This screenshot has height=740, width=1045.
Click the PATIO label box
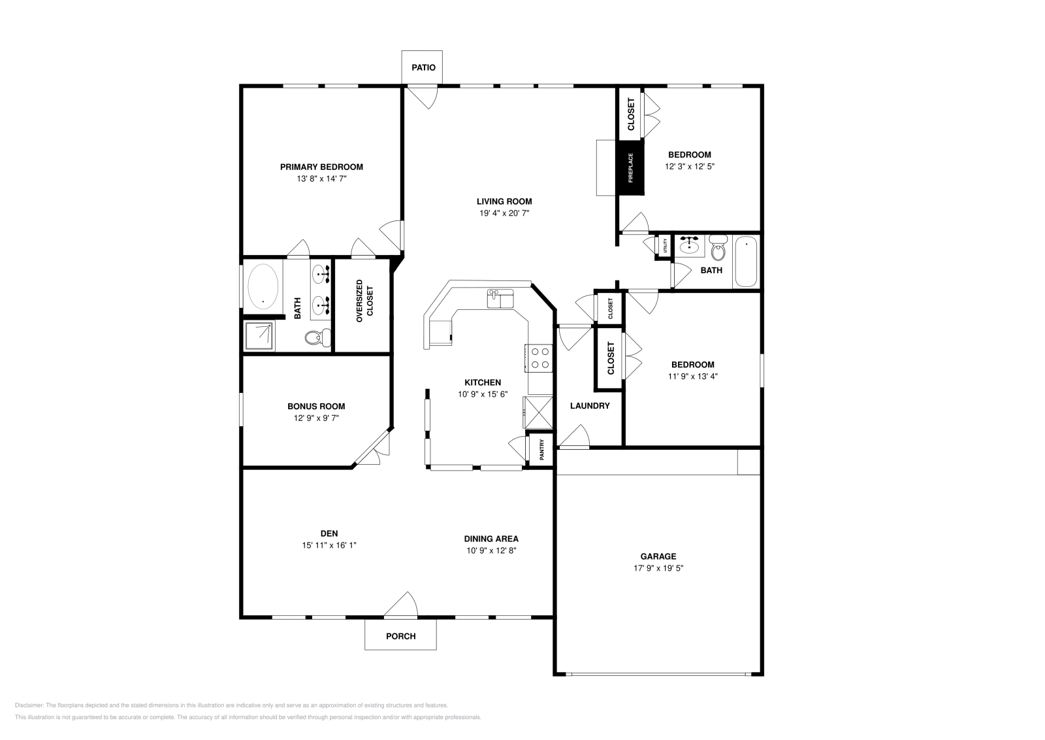coord(423,68)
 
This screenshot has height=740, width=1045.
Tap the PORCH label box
coord(400,635)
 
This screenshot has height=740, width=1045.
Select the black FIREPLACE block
coord(631,167)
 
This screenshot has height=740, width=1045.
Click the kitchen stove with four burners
coord(539,358)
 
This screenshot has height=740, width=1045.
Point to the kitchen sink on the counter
coord(501,299)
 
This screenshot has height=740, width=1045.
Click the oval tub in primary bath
coord(263,286)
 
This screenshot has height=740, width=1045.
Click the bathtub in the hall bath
coord(746,262)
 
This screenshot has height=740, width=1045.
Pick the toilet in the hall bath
coord(718,249)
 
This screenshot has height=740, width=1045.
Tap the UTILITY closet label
coord(665,246)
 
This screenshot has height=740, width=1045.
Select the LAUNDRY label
coord(590,406)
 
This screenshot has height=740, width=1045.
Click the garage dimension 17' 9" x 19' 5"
coord(658,568)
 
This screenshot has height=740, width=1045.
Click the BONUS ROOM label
coord(316,406)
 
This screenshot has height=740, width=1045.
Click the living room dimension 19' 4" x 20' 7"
coord(504,213)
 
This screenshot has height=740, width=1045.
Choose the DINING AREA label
coord(491,539)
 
